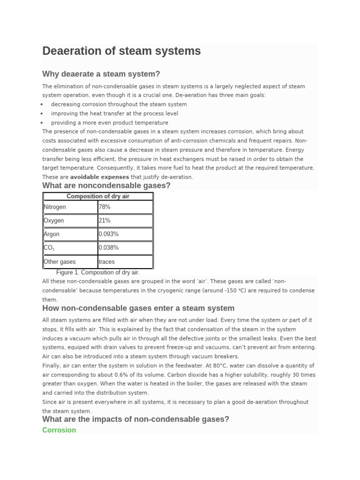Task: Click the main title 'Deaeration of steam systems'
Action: pyautogui.click(x=121, y=51)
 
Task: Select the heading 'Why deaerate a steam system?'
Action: pyautogui.click(x=101, y=74)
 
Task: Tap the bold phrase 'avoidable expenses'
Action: pyautogui.click(x=99, y=177)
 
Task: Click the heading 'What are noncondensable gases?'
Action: pyautogui.click(x=106, y=186)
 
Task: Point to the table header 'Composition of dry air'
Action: pyautogui.click(x=97, y=196)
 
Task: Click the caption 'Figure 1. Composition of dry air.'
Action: pyautogui.click(x=97, y=272)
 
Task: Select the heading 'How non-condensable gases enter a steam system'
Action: pyautogui.click(x=138, y=308)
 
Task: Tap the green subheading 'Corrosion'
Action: pyautogui.click(x=59, y=430)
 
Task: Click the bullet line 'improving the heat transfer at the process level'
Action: pyautogui.click(x=114, y=113)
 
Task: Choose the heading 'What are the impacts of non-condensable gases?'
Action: pyautogui.click(x=135, y=419)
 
